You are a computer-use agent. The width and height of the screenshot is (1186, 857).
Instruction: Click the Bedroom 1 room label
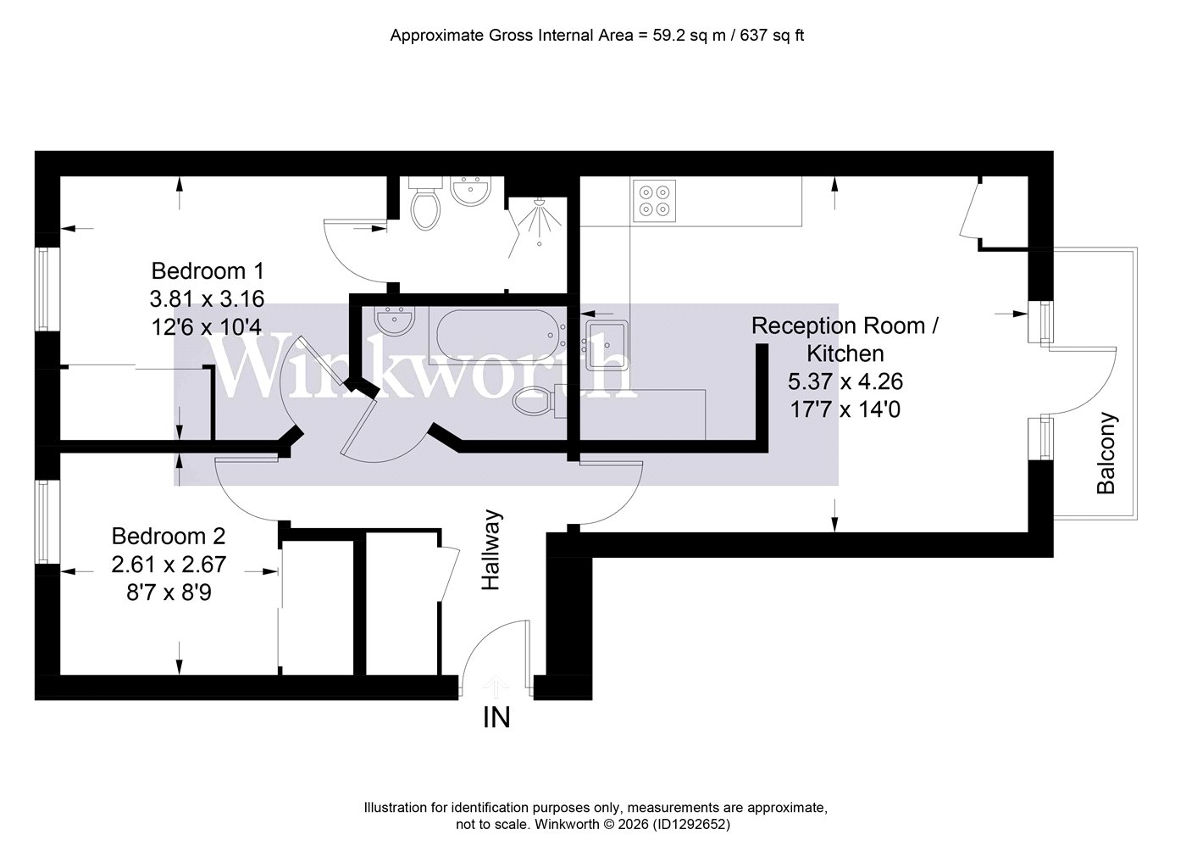(207, 271)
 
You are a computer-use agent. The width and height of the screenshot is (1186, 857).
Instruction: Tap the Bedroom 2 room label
(169, 536)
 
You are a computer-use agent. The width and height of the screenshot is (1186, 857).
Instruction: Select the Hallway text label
(490, 550)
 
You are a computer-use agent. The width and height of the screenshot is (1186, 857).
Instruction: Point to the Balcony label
(1106, 453)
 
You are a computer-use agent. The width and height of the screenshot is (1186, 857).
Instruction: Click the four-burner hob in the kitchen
(654, 201)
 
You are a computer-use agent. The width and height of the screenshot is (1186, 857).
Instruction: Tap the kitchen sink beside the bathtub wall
(607, 345)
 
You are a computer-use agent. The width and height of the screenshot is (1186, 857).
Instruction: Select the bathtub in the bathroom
(497, 336)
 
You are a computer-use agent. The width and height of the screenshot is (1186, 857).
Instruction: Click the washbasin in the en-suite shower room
(470, 192)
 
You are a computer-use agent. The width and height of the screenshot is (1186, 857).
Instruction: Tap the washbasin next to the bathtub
(395, 320)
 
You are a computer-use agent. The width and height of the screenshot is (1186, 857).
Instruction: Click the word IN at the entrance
(496, 718)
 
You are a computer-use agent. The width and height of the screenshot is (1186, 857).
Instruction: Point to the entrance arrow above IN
(496, 687)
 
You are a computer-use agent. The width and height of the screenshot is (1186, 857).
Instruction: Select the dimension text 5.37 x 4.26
(845, 381)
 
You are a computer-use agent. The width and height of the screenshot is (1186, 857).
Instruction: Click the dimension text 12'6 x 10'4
(207, 327)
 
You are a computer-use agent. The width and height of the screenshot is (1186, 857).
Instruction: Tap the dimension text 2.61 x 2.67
(169, 564)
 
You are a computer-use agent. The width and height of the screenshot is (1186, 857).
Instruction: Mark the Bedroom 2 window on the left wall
(47, 521)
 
